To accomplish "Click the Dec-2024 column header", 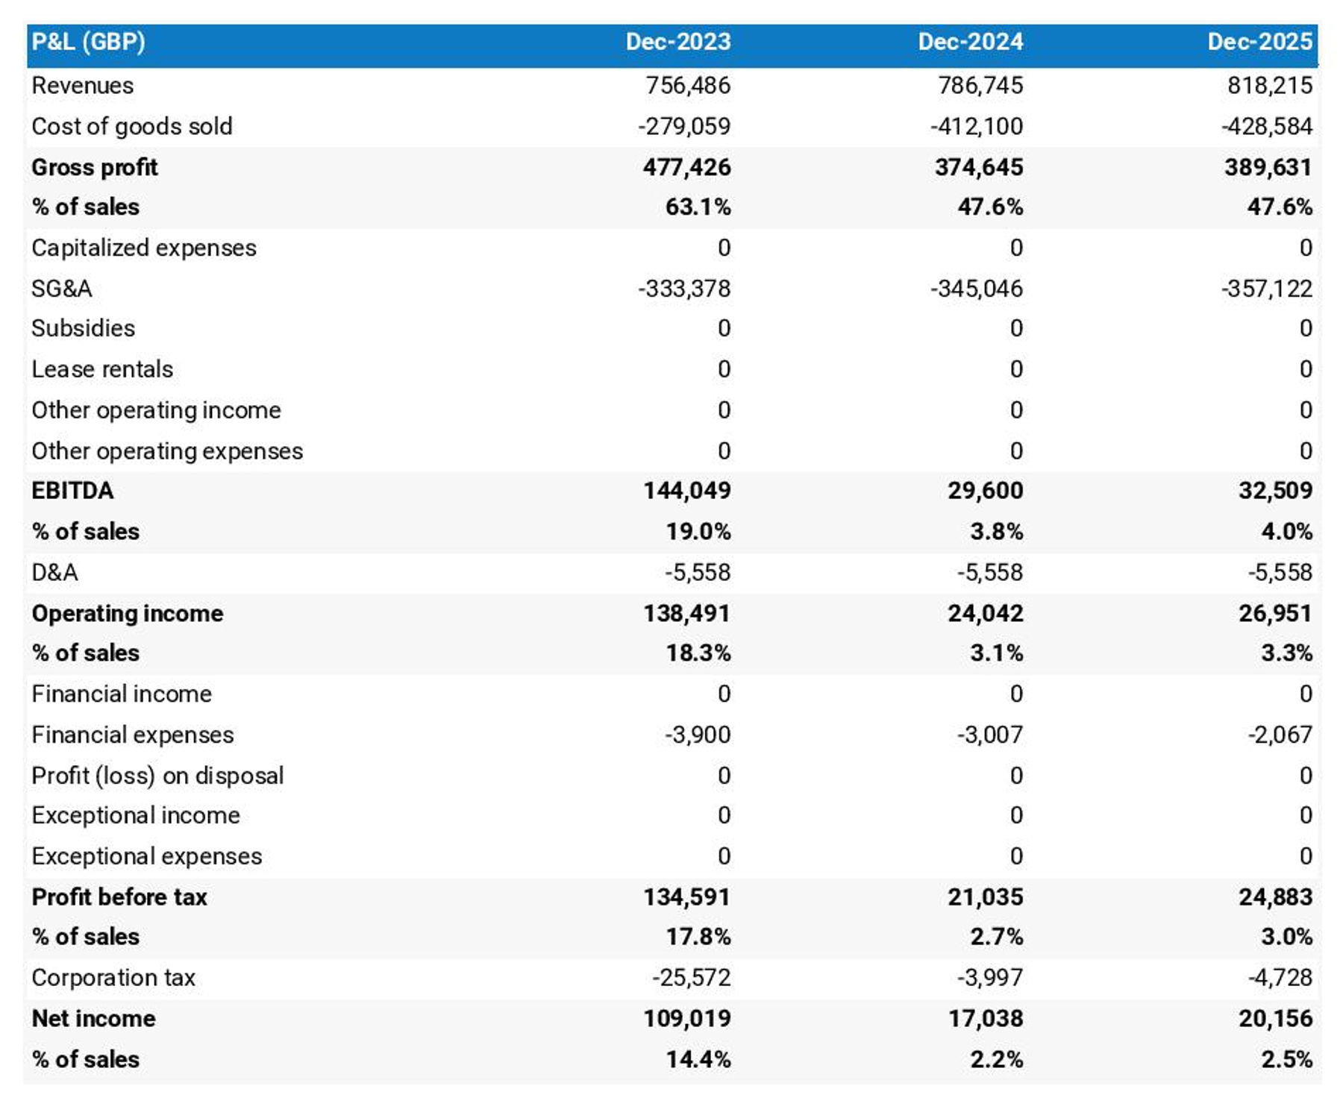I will (969, 42).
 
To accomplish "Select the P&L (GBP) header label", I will (88, 42).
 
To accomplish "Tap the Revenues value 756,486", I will (687, 86).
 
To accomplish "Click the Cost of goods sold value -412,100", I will (976, 126).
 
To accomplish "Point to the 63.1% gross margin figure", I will (698, 207).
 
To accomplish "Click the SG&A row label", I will (62, 289).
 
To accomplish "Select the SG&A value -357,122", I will (1266, 289).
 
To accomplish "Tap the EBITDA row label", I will (72, 491).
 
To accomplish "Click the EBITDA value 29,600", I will (985, 491).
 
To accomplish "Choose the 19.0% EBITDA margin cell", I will (698, 532).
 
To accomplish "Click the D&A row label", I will (54, 572).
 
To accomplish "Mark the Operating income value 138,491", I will (686, 613).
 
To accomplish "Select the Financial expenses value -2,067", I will (1279, 735).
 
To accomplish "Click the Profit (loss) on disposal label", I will (157, 776).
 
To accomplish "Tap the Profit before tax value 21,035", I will (985, 896).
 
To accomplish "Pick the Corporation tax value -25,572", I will (691, 978).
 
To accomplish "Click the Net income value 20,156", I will (1274, 1018).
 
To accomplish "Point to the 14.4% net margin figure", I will (698, 1059).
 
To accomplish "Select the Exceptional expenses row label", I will (146, 856).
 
